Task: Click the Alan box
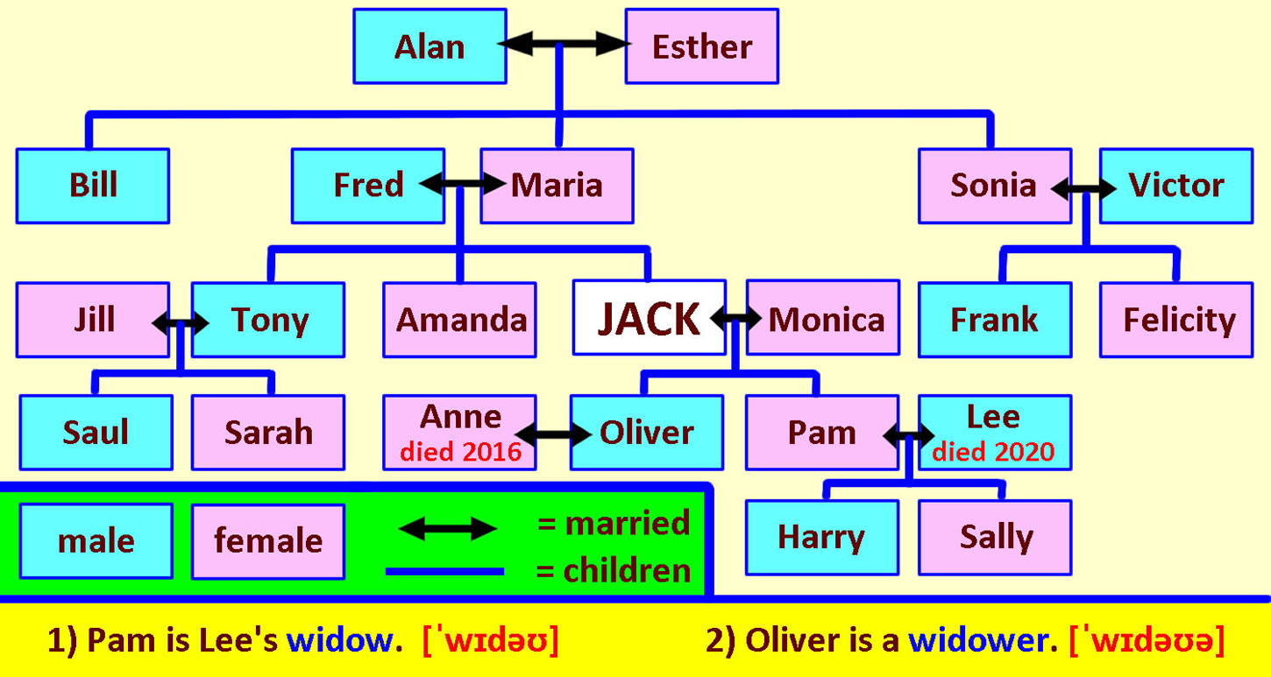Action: pos(430,46)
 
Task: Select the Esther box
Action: pos(702,46)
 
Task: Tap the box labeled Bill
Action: pos(93,186)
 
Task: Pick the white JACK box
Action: pos(650,318)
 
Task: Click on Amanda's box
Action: pos(459,320)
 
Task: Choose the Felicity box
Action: pos(1176,320)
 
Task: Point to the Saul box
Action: pos(96,433)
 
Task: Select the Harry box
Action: pos(822,538)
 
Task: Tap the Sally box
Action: pos(995,538)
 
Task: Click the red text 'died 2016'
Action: pos(460,452)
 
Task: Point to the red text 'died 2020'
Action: pos(993,452)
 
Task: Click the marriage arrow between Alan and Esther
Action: pos(564,44)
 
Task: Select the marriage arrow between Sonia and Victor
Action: pos(1083,188)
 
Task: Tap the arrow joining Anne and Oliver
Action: pos(554,435)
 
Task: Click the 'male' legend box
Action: pos(96,541)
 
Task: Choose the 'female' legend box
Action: pos(268,541)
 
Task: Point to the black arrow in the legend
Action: pos(448,529)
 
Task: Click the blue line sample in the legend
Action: pos(444,572)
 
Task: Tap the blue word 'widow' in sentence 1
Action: pos(338,641)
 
